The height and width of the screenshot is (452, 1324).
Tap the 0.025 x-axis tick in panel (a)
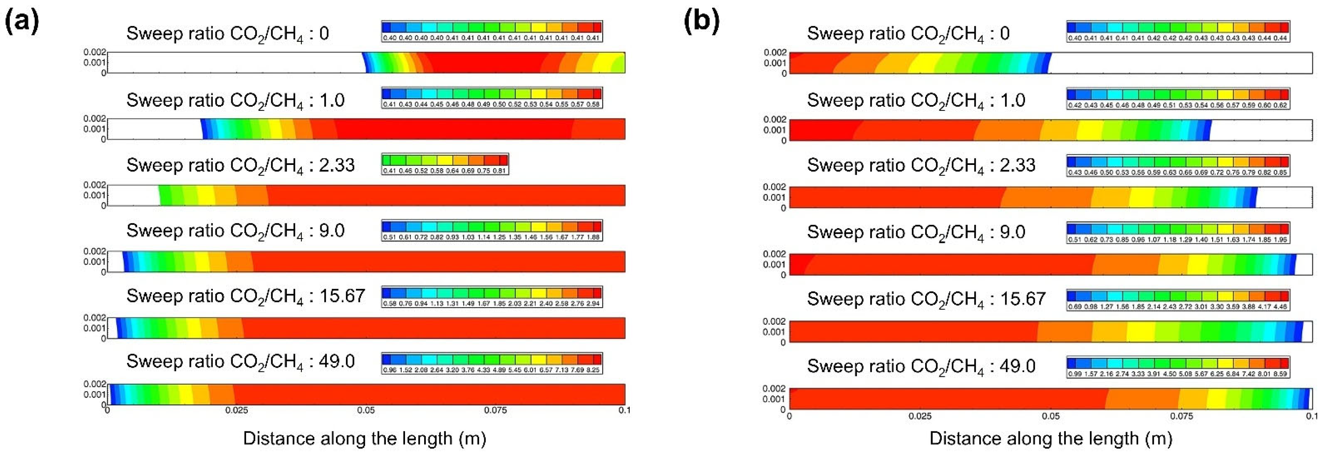click(236, 411)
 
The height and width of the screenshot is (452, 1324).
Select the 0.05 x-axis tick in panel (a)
click(366, 411)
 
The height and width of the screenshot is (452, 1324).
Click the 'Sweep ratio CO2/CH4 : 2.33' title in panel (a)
click(241, 165)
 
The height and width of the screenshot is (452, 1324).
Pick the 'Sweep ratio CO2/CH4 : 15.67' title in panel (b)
click(926, 299)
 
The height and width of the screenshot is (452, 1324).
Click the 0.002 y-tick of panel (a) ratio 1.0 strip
click(95, 119)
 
